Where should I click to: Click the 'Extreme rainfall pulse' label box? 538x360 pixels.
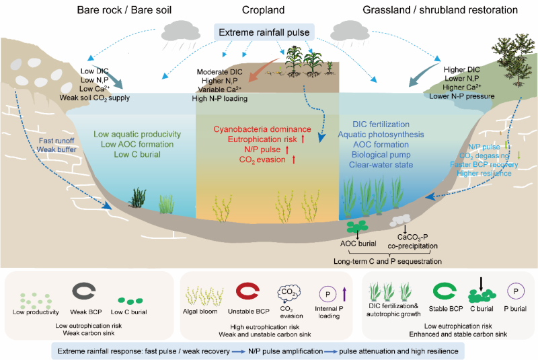pos(264,32)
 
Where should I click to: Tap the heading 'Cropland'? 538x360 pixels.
pos(263,10)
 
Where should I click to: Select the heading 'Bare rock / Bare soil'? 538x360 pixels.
pos(124,10)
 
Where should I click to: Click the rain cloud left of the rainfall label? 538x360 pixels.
pos(181,32)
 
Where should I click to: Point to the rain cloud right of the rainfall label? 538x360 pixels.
pos(349,32)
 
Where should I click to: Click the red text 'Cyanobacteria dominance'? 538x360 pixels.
pos(262,129)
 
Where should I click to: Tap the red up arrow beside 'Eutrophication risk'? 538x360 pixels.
pos(303,139)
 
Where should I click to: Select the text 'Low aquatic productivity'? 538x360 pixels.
pos(137,134)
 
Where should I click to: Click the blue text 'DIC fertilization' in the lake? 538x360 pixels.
pos(381,124)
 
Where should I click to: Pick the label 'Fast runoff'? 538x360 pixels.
pos(56,141)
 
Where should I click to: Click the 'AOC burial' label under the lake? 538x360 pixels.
pos(358,244)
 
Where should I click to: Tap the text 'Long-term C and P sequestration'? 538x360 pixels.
pos(388,261)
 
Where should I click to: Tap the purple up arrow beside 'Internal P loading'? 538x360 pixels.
pos(344,295)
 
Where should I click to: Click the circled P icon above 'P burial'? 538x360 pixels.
pos(516,291)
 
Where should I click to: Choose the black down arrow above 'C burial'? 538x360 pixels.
pos(481,285)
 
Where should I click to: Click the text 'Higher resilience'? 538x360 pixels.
pos(484,174)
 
